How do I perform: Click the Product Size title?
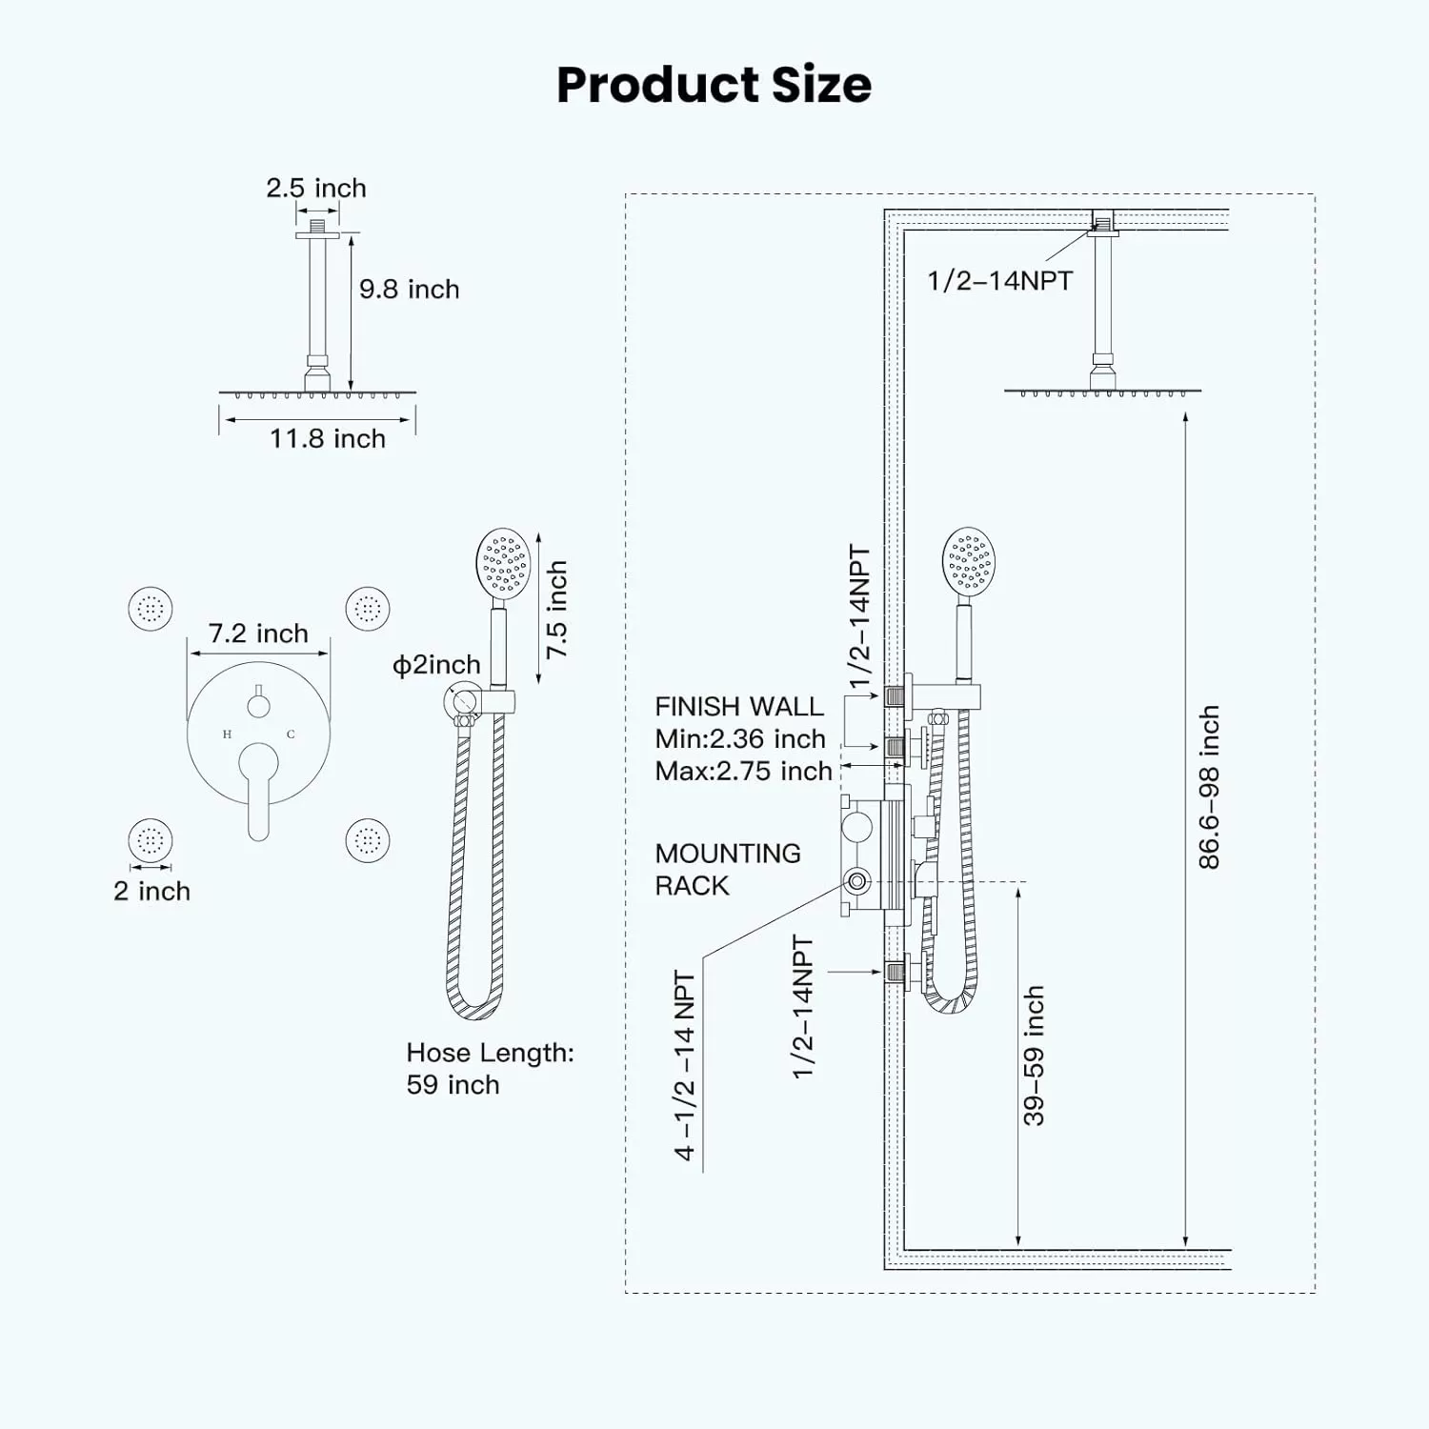click(x=714, y=85)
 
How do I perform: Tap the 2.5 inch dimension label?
click(x=316, y=188)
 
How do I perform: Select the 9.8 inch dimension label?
click(x=409, y=289)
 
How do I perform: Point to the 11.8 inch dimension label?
click(x=328, y=438)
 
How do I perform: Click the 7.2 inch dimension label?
click(x=258, y=634)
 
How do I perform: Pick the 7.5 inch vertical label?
click(x=556, y=609)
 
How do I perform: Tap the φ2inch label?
click(x=436, y=665)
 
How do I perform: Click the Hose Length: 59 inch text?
click(x=490, y=1068)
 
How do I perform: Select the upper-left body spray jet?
click(x=151, y=608)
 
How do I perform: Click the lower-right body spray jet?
click(x=368, y=840)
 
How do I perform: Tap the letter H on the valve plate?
click(x=227, y=735)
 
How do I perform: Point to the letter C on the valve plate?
click(x=291, y=735)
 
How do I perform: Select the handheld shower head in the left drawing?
click(x=503, y=565)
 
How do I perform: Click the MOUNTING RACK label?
click(x=728, y=869)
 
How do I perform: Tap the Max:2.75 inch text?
click(x=743, y=771)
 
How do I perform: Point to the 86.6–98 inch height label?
click(x=1208, y=787)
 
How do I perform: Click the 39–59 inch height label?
click(x=1034, y=1056)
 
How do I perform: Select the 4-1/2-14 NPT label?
click(x=685, y=1065)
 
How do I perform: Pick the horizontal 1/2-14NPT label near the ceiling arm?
click(x=1000, y=280)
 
